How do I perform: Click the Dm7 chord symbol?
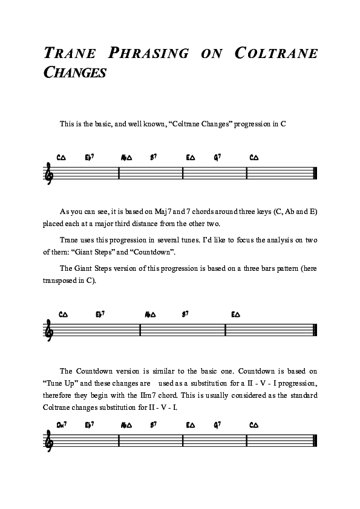(61, 425)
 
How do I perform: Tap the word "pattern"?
(272, 268)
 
